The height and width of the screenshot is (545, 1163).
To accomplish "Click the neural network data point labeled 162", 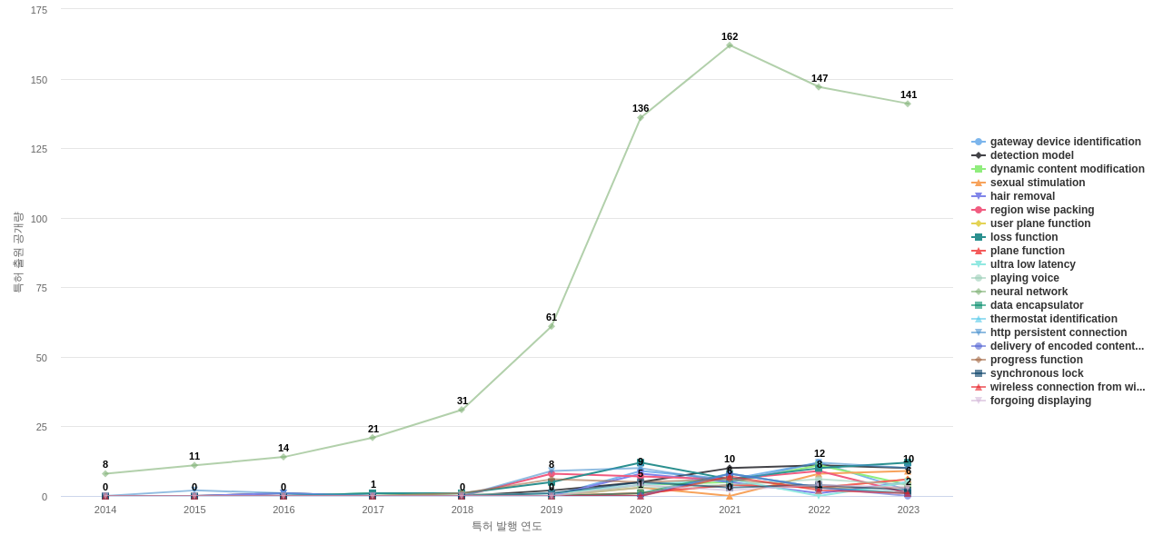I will click(730, 45).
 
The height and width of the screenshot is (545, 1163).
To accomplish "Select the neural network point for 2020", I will click(641, 118).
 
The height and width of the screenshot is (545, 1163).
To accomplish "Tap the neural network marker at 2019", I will click(552, 326).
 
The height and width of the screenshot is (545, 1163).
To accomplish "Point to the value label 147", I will click(820, 78).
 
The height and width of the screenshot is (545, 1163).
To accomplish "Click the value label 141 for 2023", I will click(909, 94).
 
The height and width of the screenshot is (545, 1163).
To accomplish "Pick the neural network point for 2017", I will click(373, 438).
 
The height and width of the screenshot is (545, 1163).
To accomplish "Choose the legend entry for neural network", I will click(1029, 292).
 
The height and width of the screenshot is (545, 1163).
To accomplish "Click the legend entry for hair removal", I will click(1022, 196).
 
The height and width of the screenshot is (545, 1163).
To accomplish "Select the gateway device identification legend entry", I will click(1065, 142).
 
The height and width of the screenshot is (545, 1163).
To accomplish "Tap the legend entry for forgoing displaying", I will click(1040, 401).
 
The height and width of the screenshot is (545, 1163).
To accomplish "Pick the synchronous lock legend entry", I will click(1036, 373).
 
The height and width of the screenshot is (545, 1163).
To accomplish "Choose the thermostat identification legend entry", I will click(1053, 319).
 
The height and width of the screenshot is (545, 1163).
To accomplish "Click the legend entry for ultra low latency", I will click(1032, 264).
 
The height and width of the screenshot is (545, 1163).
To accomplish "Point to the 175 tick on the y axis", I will click(39, 10).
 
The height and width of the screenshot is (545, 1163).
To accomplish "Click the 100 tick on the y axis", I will click(39, 219).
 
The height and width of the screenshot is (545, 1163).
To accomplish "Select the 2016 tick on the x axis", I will click(283, 510).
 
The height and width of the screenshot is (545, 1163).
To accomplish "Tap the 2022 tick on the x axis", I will click(820, 510).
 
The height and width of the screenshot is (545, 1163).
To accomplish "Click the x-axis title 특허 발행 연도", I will click(506, 526).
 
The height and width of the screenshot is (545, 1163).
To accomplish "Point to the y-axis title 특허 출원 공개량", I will click(17, 253).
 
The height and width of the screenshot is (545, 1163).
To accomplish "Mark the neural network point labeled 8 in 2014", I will click(105, 474).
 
